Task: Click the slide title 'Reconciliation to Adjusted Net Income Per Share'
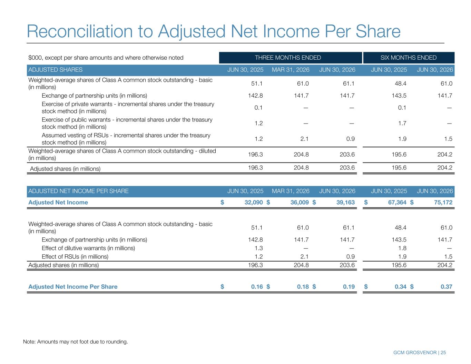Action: click(214, 31)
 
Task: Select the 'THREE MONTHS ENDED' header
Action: click(288, 58)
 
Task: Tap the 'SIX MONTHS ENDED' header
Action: click(408, 58)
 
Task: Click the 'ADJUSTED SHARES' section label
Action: click(55, 70)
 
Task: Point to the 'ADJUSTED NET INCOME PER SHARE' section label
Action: click(78, 191)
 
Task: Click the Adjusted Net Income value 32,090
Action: click(254, 203)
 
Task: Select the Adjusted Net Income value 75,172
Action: click(443, 203)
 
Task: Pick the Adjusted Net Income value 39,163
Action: click(345, 203)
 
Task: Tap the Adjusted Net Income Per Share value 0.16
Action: click(257, 287)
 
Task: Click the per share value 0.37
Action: click(446, 287)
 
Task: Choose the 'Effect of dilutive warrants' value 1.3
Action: click(258, 248)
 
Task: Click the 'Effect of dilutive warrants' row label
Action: click(88, 248)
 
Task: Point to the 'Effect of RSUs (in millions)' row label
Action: click(75, 257)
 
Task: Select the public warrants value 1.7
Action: click(402, 123)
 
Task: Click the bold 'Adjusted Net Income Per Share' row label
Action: click(73, 287)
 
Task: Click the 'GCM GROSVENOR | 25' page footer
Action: click(420, 353)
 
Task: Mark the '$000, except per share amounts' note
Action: click(106, 58)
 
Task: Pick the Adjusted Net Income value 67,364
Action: click(397, 203)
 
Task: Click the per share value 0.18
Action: click(303, 287)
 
